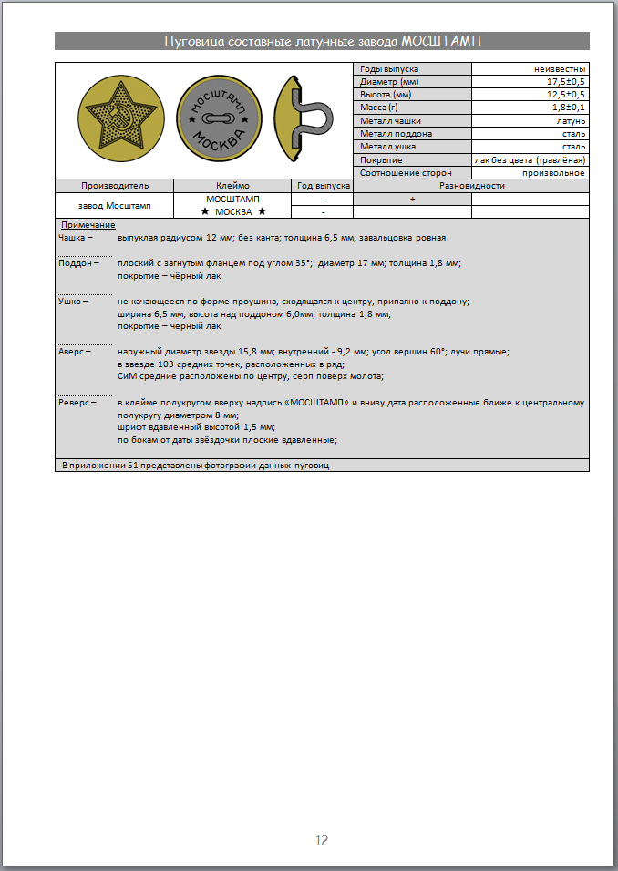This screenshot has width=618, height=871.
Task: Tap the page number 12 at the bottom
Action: [321, 840]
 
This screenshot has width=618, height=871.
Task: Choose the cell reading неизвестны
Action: [560, 69]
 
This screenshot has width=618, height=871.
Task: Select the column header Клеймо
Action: [233, 185]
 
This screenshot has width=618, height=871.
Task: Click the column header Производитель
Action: [115, 185]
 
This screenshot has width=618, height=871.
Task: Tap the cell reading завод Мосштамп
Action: [115, 205]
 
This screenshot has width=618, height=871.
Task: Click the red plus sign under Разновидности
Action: [412, 199]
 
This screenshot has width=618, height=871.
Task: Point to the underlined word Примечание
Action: [88, 224]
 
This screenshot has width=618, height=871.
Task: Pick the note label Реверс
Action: [75, 402]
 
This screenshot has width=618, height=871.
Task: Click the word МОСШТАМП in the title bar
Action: [441, 41]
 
